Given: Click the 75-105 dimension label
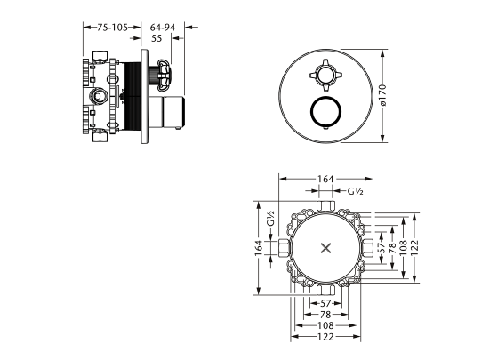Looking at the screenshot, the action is pyautogui.click(x=112, y=28).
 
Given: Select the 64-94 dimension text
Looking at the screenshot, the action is pyautogui.click(x=162, y=28).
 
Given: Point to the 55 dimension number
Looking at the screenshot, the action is pyautogui.click(x=157, y=38).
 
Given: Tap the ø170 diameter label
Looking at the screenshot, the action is pyautogui.click(x=382, y=94).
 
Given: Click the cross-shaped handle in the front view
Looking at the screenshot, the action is pyautogui.click(x=325, y=75).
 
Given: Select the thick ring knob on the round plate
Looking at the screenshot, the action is pyautogui.click(x=325, y=111).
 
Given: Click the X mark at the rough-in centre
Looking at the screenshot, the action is pyautogui.click(x=325, y=248).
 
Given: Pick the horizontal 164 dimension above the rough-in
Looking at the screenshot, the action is pyautogui.click(x=325, y=179).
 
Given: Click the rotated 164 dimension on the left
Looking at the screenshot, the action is pyautogui.click(x=259, y=248).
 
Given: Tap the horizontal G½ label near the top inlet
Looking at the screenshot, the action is pyautogui.click(x=355, y=191).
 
